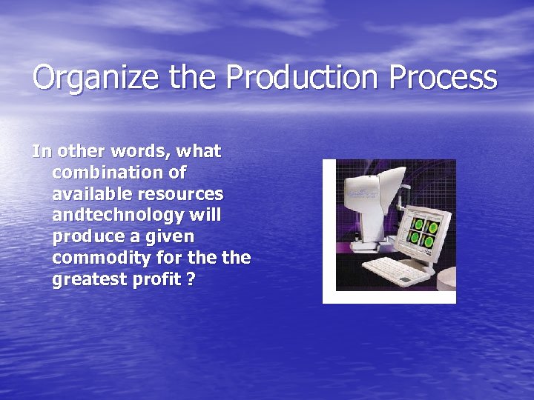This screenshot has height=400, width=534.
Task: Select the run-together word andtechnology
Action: click(116, 216)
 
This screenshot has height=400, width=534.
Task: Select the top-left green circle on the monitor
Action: click(418, 224)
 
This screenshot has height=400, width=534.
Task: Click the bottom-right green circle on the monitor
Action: click(431, 239)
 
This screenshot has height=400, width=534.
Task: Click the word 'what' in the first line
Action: click(198, 151)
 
